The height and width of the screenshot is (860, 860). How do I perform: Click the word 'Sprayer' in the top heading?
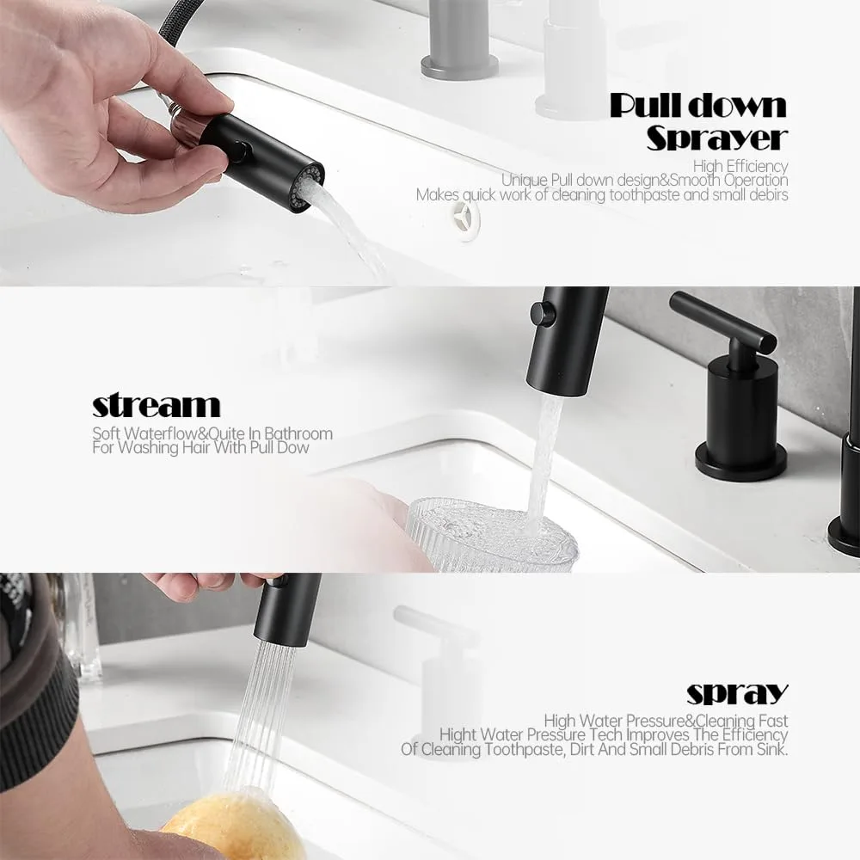coord(717,138)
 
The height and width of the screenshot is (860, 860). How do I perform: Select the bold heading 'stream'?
coord(156,406)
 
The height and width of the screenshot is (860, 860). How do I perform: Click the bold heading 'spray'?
coord(737,694)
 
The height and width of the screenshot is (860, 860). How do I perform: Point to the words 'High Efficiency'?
coord(740,166)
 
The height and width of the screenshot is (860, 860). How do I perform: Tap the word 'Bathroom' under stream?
coord(298,433)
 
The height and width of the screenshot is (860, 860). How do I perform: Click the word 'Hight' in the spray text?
coord(458,735)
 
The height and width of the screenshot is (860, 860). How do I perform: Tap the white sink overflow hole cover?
coord(465,212)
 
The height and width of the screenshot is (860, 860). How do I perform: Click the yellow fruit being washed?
coord(236,828)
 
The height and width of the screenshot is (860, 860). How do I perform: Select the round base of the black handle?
coord(741,462)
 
